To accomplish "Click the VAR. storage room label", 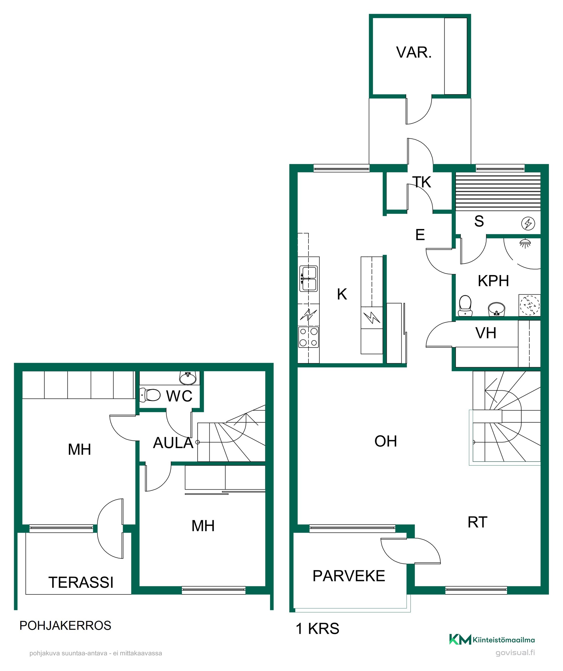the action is (x=414, y=52).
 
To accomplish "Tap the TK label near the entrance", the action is (x=422, y=182).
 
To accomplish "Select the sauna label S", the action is (x=479, y=221).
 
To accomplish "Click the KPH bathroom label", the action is (x=493, y=281).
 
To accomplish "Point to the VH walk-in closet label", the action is (x=486, y=333).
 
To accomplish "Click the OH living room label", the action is (x=386, y=441).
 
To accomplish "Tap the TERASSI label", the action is (x=81, y=582).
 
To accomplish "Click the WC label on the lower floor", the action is (x=179, y=396).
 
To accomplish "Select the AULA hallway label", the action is (x=173, y=443).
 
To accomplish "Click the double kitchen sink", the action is (x=308, y=279).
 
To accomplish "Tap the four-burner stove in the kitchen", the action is (x=308, y=337).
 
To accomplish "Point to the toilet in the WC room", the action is (x=150, y=395).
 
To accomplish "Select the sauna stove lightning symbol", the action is (x=528, y=223).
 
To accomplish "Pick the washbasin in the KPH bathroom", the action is (x=496, y=309).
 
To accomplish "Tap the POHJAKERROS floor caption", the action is (x=65, y=626).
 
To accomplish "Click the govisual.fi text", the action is (x=515, y=653).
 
